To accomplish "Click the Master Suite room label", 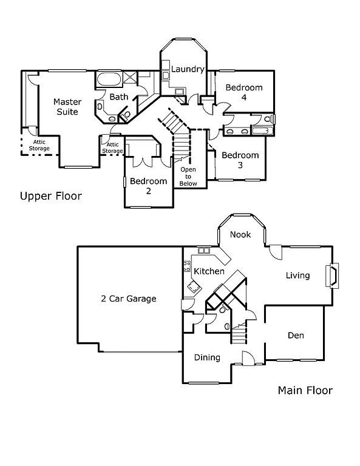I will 67,107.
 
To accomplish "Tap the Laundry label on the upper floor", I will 187,69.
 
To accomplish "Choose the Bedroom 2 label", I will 148,186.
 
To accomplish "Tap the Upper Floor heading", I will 50,196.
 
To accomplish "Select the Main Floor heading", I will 305,390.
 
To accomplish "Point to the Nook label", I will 240,235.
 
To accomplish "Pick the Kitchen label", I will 209,271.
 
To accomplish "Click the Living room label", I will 297,275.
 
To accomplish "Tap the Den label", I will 296,335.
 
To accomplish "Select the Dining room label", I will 207,357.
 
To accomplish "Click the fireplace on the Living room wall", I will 331,275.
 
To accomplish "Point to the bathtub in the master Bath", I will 108,79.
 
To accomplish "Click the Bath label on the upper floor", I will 118,96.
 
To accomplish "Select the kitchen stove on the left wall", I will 186,266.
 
